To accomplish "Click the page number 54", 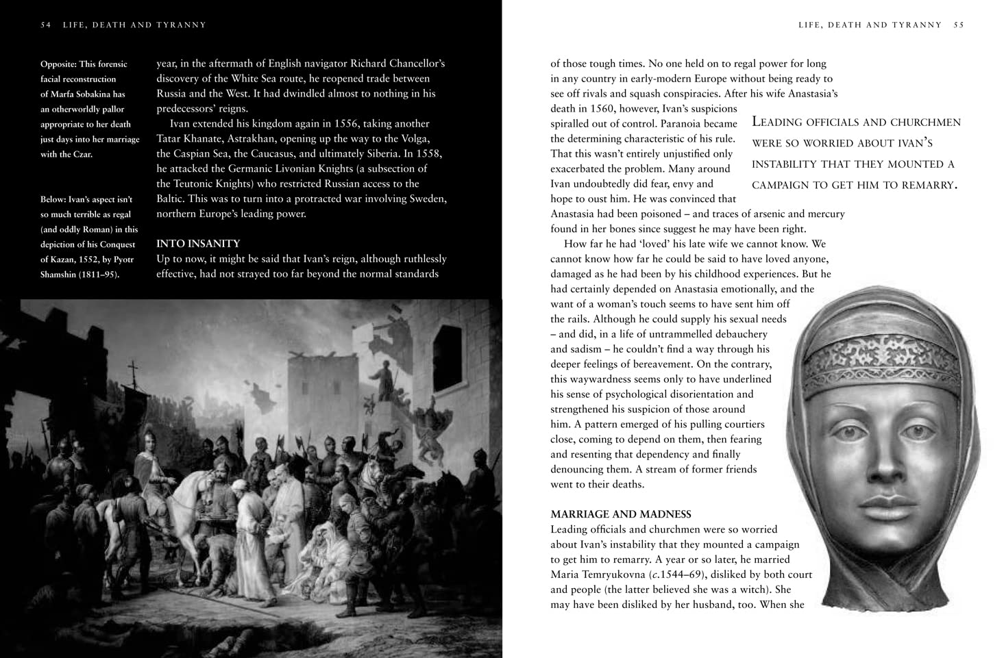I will (x=46, y=25).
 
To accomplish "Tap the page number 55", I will (x=958, y=25).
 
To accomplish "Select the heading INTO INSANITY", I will (x=198, y=244).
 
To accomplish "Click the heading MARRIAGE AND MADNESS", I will (x=621, y=514).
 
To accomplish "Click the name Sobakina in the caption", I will (x=103, y=94).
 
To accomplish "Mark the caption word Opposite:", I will (x=58, y=64).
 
